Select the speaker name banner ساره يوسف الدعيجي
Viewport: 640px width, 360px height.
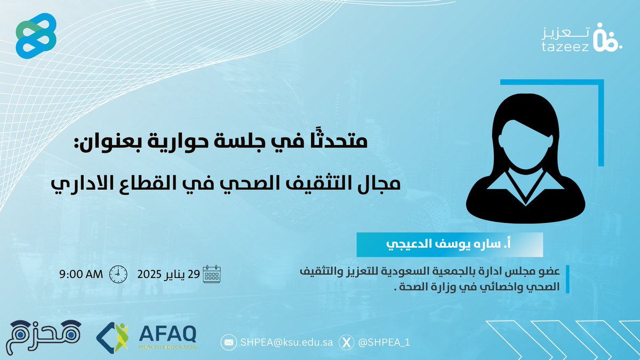450,245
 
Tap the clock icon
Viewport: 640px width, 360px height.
118,275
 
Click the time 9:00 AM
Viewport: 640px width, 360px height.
81,275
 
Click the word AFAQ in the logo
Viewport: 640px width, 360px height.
167,333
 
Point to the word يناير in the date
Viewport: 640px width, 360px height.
186,275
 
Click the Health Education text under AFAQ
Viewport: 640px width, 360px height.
167,347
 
